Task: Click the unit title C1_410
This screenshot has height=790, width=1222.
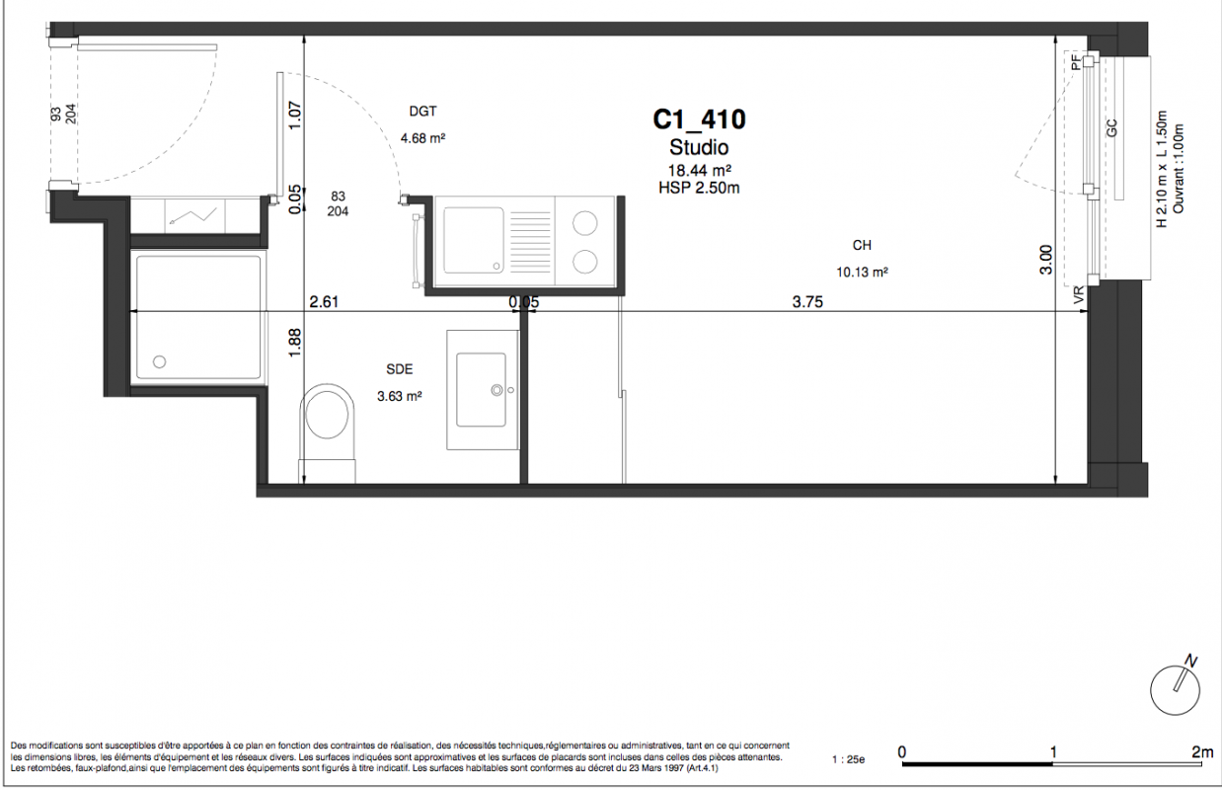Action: pos(699,119)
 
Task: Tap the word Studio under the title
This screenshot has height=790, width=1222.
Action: pos(699,147)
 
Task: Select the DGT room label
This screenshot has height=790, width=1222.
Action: pos(422,112)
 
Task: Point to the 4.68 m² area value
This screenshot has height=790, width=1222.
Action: pos(422,138)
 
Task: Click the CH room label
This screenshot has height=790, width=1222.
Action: pos(862,246)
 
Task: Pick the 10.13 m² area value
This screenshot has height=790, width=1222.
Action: pos(862,272)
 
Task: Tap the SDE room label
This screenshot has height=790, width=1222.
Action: pos(400,369)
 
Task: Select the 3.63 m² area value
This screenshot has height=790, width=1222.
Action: pos(400,396)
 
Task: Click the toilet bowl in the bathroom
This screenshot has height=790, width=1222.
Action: pos(327,415)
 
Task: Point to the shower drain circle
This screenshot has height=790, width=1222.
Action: pos(159,361)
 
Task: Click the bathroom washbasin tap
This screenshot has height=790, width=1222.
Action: pos(496,390)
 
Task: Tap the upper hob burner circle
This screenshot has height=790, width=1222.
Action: pos(584,223)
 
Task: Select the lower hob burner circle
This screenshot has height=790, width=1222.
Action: pos(584,262)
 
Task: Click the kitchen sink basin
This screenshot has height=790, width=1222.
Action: pos(474,240)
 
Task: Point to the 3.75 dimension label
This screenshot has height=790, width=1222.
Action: pos(807,302)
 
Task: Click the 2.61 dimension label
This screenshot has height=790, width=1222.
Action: pos(324,302)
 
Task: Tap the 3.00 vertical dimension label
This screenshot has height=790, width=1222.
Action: pos(1045,260)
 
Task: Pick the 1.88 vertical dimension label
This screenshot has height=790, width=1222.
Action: pos(294,343)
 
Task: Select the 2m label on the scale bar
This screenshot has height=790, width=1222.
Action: pos(1203,752)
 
